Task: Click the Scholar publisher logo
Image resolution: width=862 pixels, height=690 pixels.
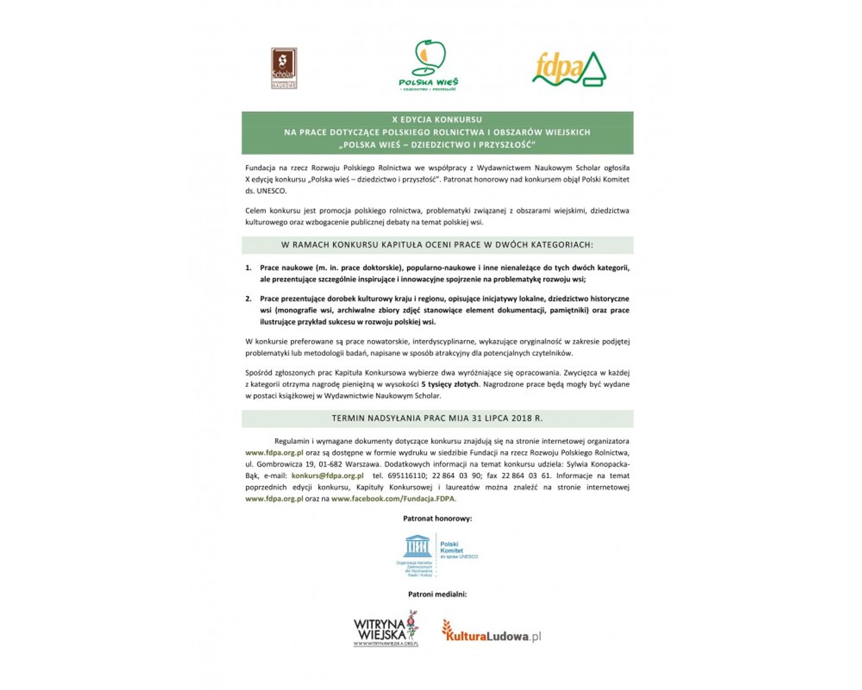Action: click(x=284, y=68)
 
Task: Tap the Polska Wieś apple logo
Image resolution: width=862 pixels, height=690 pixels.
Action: click(x=428, y=63)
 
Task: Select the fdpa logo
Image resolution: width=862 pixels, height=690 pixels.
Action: click(x=569, y=69)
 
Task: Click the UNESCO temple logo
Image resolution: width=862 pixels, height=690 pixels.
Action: click(x=417, y=546)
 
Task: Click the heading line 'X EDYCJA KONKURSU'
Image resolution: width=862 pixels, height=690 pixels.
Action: click(x=437, y=120)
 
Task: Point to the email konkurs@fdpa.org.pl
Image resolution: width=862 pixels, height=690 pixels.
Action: click(x=327, y=476)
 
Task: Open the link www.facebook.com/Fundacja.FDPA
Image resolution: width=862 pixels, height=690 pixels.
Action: click(x=393, y=499)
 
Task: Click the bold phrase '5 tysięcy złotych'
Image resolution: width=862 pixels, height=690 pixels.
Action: click(x=450, y=384)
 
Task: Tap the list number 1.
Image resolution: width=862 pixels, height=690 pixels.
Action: click(x=248, y=268)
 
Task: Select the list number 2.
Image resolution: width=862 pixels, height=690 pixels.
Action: click(x=248, y=299)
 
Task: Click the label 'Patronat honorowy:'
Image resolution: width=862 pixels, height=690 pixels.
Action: click(x=437, y=519)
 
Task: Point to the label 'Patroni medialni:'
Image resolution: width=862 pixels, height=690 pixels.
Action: click(x=437, y=594)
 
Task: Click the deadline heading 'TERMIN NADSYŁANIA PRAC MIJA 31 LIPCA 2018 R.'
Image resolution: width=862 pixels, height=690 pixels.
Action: click(x=437, y=418)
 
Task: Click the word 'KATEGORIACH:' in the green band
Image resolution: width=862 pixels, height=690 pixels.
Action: click(x=564, y=245)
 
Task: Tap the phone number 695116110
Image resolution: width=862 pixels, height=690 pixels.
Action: click(x=406, y=476)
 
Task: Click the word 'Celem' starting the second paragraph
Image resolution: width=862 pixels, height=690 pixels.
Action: click(x=255, y=211)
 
